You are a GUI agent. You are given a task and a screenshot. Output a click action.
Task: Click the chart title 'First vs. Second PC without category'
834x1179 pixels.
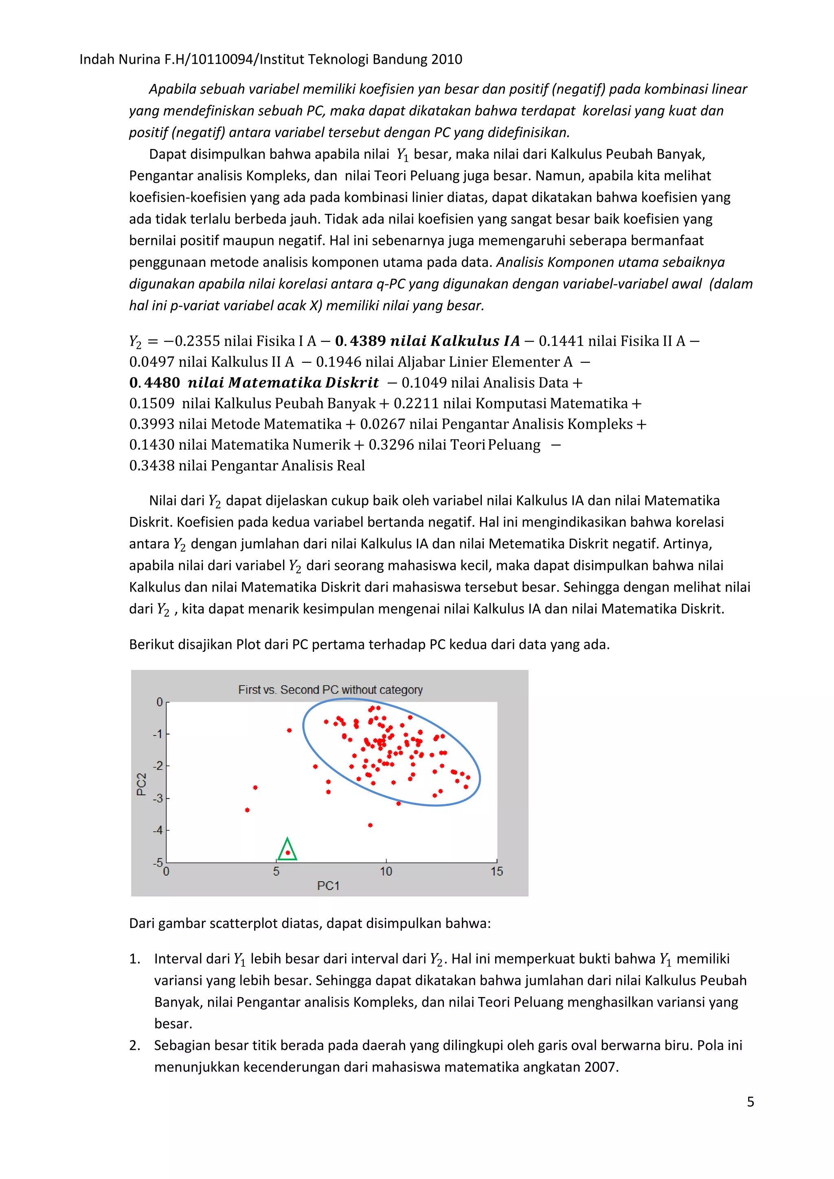tap(330, 690)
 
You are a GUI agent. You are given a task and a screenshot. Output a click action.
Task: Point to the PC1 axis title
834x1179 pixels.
tap(328, 885)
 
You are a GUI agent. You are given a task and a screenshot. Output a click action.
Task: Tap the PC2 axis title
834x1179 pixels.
tap(142, 784)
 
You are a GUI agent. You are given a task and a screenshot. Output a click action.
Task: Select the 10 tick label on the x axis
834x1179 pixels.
tap(386, 871)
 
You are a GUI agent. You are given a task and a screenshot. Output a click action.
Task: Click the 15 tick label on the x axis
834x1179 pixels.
tap(496, 871)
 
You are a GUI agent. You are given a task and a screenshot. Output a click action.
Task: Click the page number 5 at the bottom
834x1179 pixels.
tap(750, 1102)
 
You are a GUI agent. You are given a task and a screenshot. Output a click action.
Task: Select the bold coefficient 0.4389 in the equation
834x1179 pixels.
tap(360, 341)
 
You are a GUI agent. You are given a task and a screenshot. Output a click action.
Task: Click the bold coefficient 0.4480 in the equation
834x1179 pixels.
tap(155, 383)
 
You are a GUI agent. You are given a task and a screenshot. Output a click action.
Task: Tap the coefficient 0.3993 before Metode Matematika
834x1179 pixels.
tap(151, 424)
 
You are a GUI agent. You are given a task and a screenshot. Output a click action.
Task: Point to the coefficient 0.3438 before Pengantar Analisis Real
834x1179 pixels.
tap(151, 466)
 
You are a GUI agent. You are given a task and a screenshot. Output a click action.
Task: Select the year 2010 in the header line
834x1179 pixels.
tap(446, 59)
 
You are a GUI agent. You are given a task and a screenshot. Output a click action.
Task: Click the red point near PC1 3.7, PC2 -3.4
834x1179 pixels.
tap(248, 810)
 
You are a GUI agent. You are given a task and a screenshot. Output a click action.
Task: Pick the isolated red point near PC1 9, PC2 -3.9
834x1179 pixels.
tap(370, 825)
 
